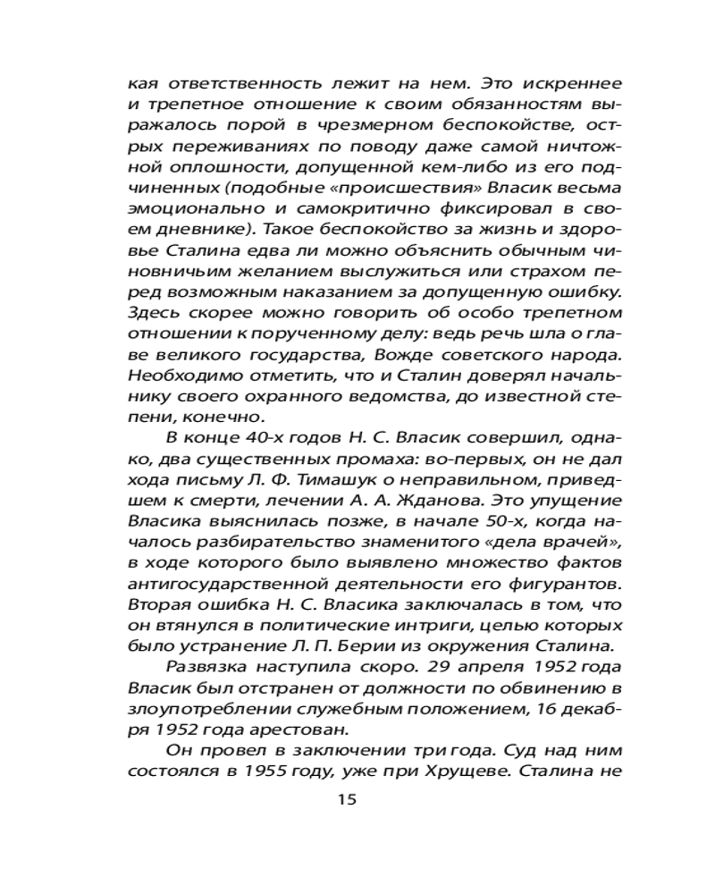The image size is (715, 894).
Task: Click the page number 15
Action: (348, 798)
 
